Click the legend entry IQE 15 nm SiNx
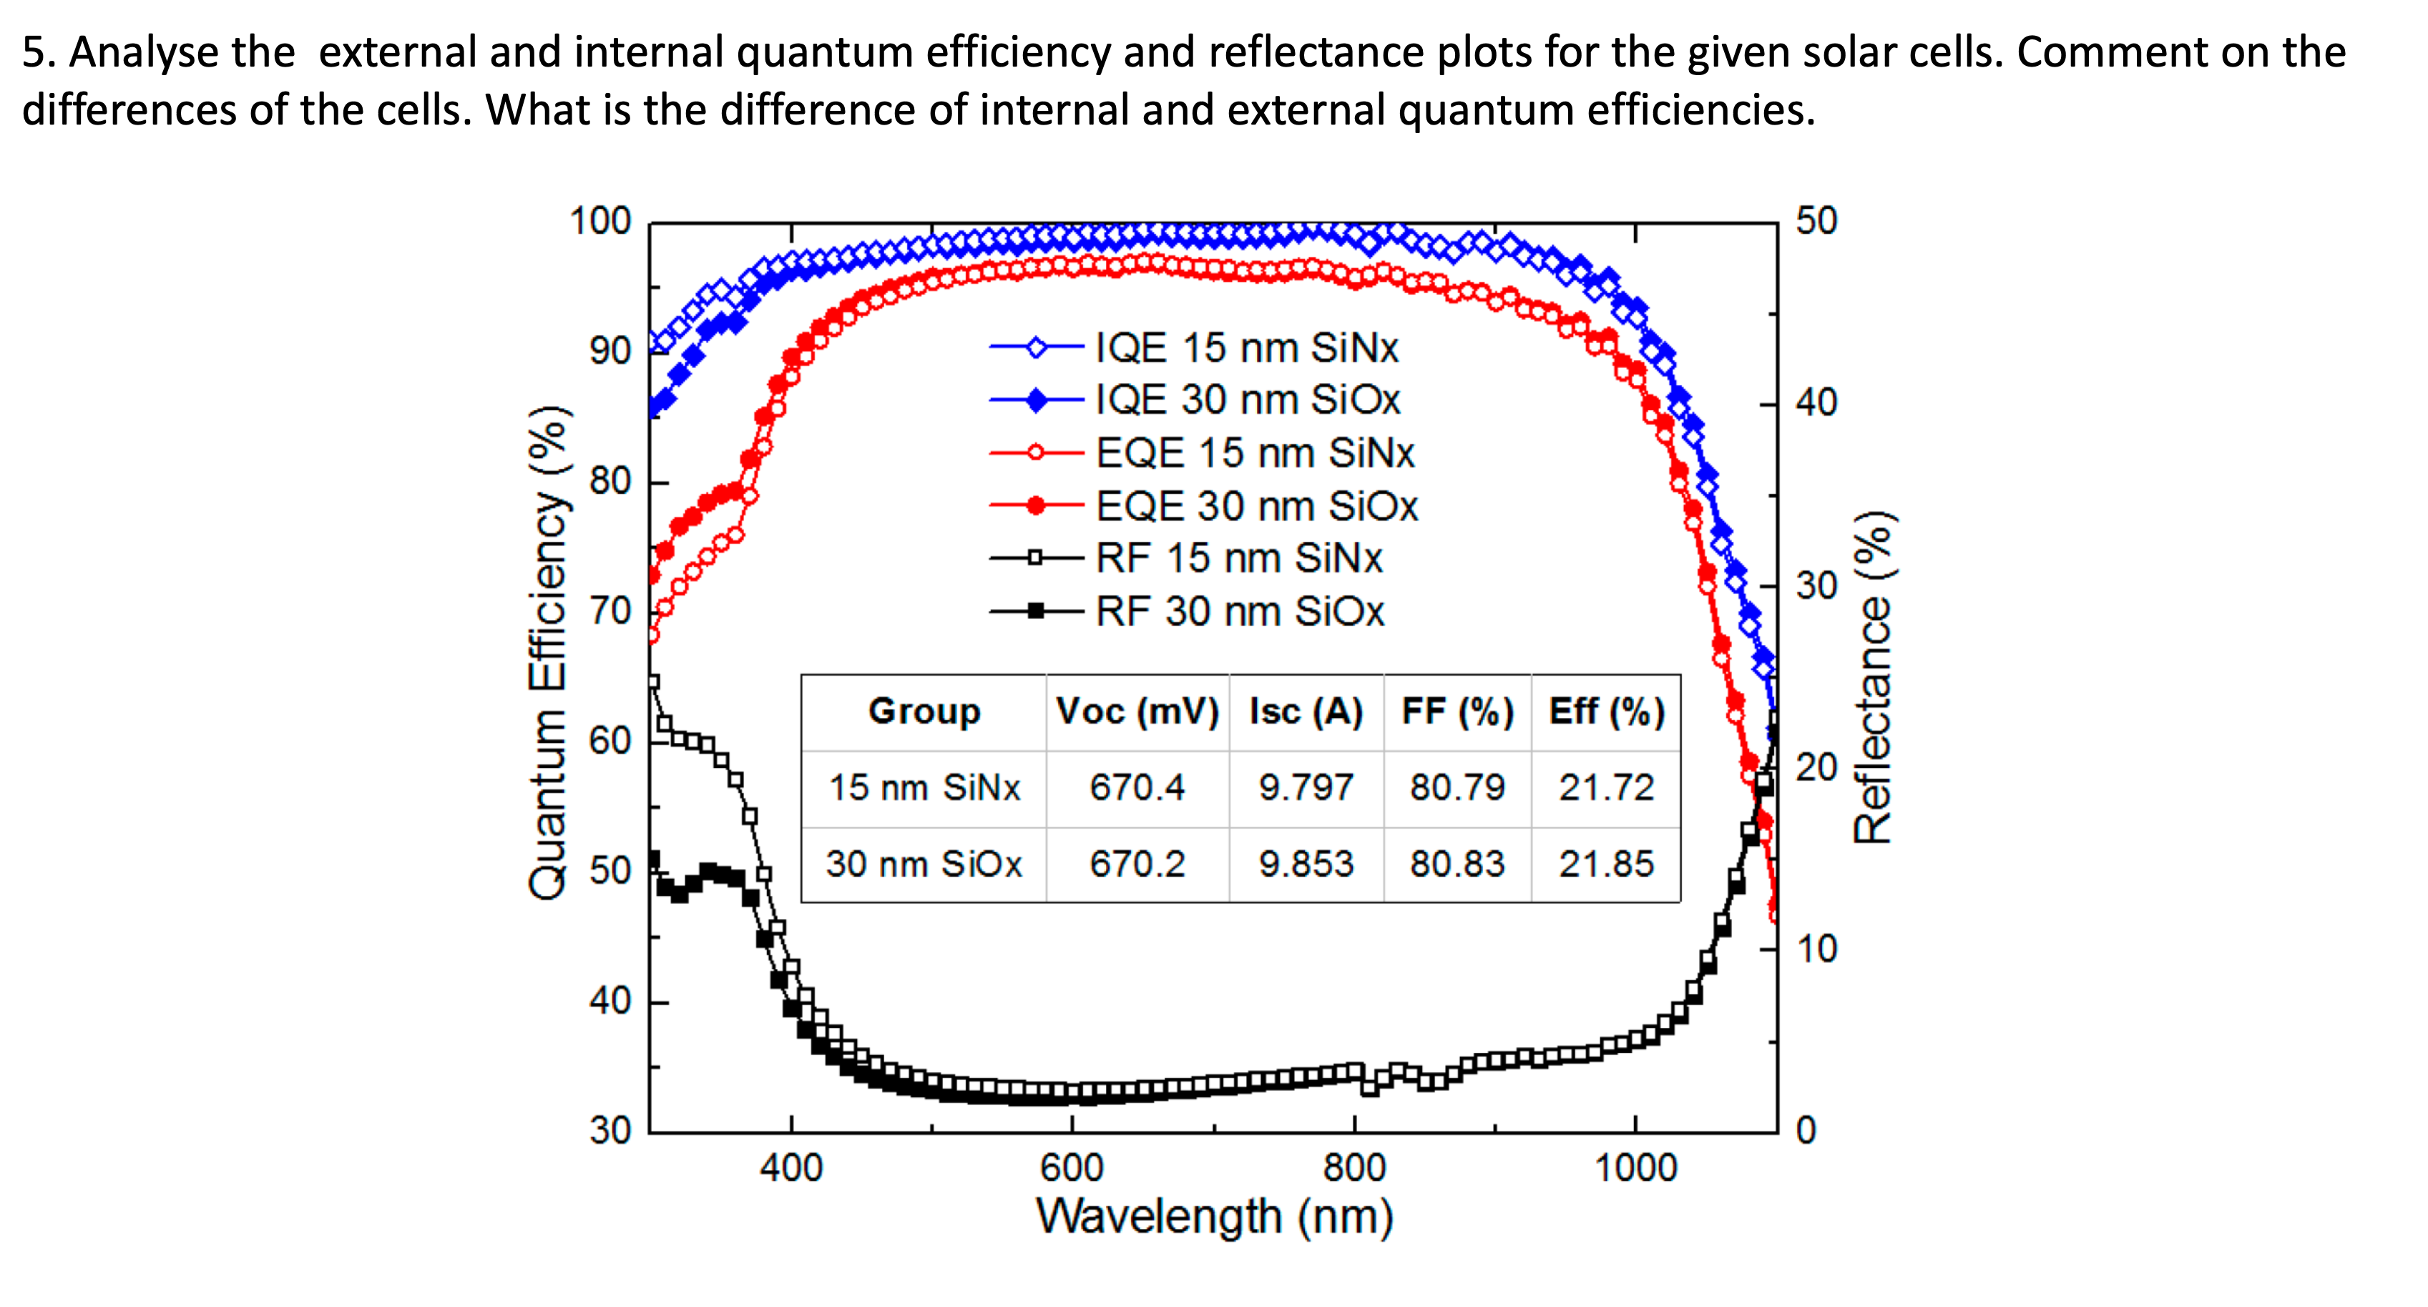1246,348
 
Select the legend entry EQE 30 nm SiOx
1255,506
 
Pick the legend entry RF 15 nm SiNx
1238,558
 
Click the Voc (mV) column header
1137,711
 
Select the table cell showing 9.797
1306,787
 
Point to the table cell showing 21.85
1605,864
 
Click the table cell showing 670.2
1137,864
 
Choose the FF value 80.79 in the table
1457,787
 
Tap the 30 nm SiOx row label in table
924,864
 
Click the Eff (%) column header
1606,711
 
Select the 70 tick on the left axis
610,612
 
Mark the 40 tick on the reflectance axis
1816,403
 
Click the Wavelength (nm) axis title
1214,1217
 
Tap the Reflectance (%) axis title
1874,677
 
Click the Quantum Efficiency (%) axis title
547,653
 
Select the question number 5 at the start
33,52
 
